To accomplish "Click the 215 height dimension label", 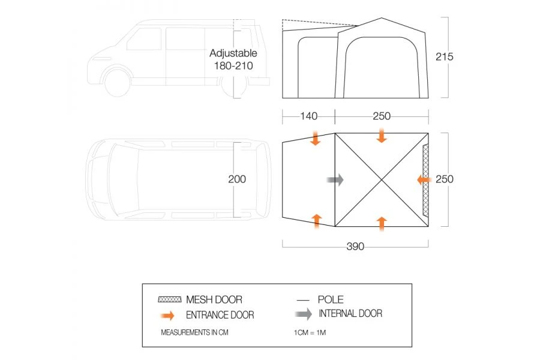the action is pyautogui.click(x=444, y=56).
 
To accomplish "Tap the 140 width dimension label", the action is pyautogui.click(x=308, y=116).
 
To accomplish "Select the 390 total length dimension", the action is pyautogui.click(x=355, y=247).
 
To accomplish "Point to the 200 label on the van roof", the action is pyautogui.click(x=237, y=179).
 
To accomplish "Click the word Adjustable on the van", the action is pyautogui.click(x=233, y=53).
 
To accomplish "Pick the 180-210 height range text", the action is pyautogui.click(x=233, y=65).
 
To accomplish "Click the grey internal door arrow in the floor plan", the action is pyautogui.click(x=335, y=179).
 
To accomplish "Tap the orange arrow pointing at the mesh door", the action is pyautogui.click(x=424, y=179).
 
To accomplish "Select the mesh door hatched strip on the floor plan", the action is pyautogui.click(x=425, y=180).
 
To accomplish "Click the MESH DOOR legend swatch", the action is pyautogui.click(x=169, y=299).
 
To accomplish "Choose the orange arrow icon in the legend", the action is pyautogui.click(x=168, y=315).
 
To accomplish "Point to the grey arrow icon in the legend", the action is pyautogui.click(x=304, y=314).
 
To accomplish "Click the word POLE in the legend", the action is pyautogui.click(x=331, y=299).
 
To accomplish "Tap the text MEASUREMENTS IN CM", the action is pyautogui.click(x=194, y=332).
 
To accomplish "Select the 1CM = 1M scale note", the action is pyautogui.click(x=310, y=332).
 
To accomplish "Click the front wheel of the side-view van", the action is pyautogui.click(x=117, y=82).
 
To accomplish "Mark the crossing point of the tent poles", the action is pyautogui.click(x=382, y=180).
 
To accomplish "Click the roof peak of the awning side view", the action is pyautogui.click(x=382, y=18).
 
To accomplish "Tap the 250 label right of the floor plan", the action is pyautogui.click(x=444, y=179).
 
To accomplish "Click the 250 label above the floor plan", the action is pyautogui.click(x=382, y=116).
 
